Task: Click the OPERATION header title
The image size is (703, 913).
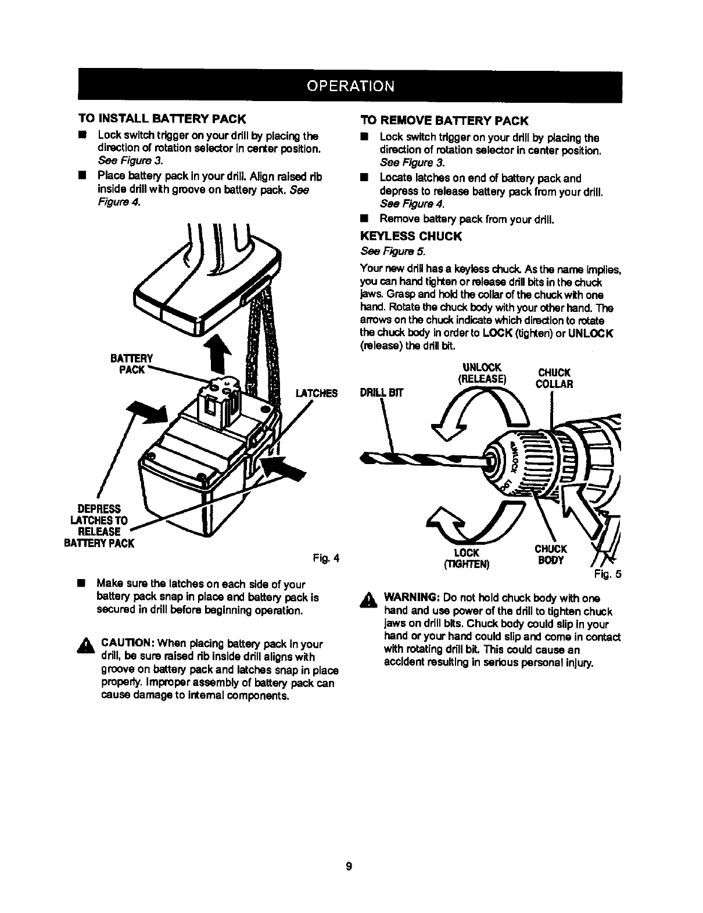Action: [x=351, y=85]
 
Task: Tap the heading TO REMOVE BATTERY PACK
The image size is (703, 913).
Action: [x=444, y=121]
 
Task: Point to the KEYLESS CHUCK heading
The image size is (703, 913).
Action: [x=411, y=236]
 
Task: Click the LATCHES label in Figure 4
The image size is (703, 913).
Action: [x=316, y=393]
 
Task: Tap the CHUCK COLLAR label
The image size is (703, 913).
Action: [x=554, y=378]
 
